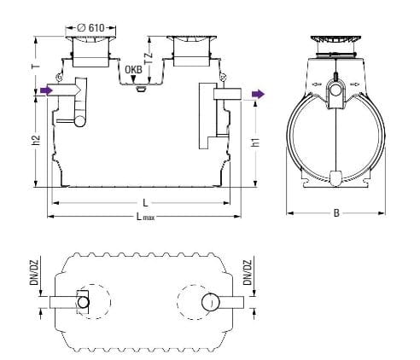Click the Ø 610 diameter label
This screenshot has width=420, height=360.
click(x=90, y=28)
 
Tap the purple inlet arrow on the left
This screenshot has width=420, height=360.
click(x=46, y=90)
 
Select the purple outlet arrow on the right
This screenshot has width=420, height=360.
click(x=258, y=94)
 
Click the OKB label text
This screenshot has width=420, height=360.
click(x=133, y=70)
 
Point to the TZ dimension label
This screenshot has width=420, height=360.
click(x=149, y=58)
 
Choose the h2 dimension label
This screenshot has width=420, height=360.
click(x=36, y=140)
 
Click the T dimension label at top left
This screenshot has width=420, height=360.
click(x=36, y=67)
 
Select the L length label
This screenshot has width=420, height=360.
click(x=145, y=203)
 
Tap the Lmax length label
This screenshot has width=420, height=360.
click(x=145, y=217)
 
